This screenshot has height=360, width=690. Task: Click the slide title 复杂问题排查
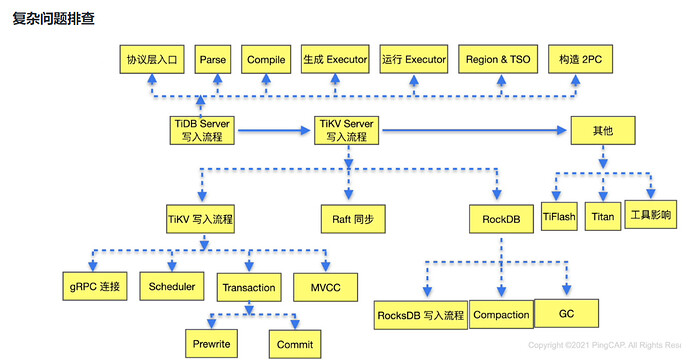[53, 18]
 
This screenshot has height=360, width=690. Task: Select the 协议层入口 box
[152, 59]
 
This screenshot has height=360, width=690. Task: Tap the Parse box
[213, 59]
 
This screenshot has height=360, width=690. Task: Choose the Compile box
[266, 59]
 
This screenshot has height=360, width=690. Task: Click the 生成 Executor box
[335, 59]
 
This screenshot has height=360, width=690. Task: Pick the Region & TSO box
[498, 59]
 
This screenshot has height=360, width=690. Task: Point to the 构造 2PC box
[580, 59]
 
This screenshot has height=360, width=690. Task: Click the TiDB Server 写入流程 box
[202, 130]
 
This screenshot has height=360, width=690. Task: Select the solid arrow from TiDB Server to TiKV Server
[274, 130]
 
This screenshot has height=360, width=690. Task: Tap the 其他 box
[603, 130]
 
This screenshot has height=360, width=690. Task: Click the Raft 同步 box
[353, 219]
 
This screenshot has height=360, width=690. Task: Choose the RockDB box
[501, 219]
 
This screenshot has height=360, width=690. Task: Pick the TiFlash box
[559, 216]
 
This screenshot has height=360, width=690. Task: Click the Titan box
[603, 216]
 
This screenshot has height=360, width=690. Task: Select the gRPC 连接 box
[95, 287]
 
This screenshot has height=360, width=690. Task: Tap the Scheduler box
[172, 287]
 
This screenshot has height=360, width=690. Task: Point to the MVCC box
[325, 287]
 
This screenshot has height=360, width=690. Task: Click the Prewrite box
[211, 344]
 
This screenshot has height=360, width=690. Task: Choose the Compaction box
[501, 314]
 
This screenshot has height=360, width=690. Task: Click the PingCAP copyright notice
[605, 345]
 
